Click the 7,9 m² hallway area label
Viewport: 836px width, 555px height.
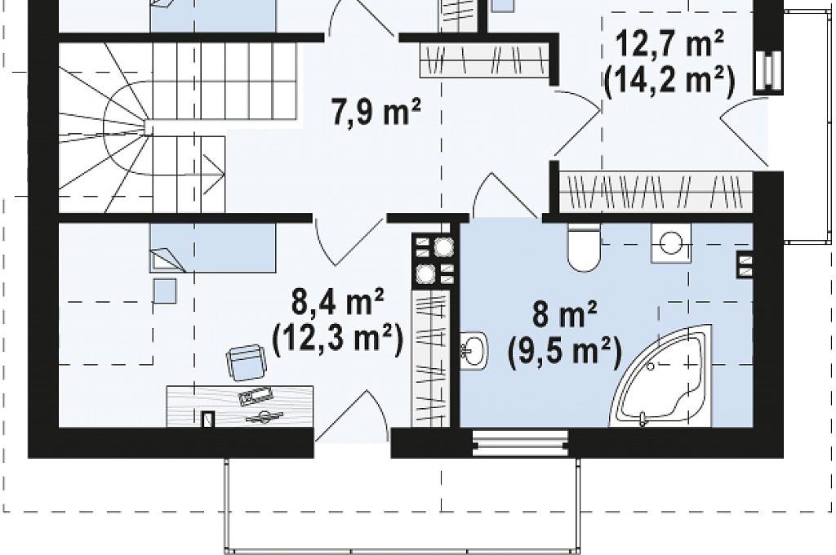point(376,113)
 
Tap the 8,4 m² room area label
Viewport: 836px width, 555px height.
point(337,303)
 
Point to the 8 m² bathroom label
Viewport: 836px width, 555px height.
point(565,314)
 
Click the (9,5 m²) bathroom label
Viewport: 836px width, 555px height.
point(565,352)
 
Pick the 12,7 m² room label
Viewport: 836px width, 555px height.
point(670,44)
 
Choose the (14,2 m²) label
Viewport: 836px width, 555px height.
point(669,82)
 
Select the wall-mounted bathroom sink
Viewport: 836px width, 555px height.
point(474,350)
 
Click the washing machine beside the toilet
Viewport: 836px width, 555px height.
point(671,243)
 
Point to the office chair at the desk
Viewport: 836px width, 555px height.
point(246,362)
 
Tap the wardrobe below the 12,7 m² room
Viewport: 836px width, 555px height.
point(656,190)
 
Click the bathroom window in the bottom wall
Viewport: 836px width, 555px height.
point(520,442)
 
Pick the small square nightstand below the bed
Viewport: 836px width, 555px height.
point(165,291)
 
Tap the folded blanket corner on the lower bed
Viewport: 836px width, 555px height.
point(167,260)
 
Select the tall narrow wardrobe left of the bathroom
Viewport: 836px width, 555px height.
point(431,358)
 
